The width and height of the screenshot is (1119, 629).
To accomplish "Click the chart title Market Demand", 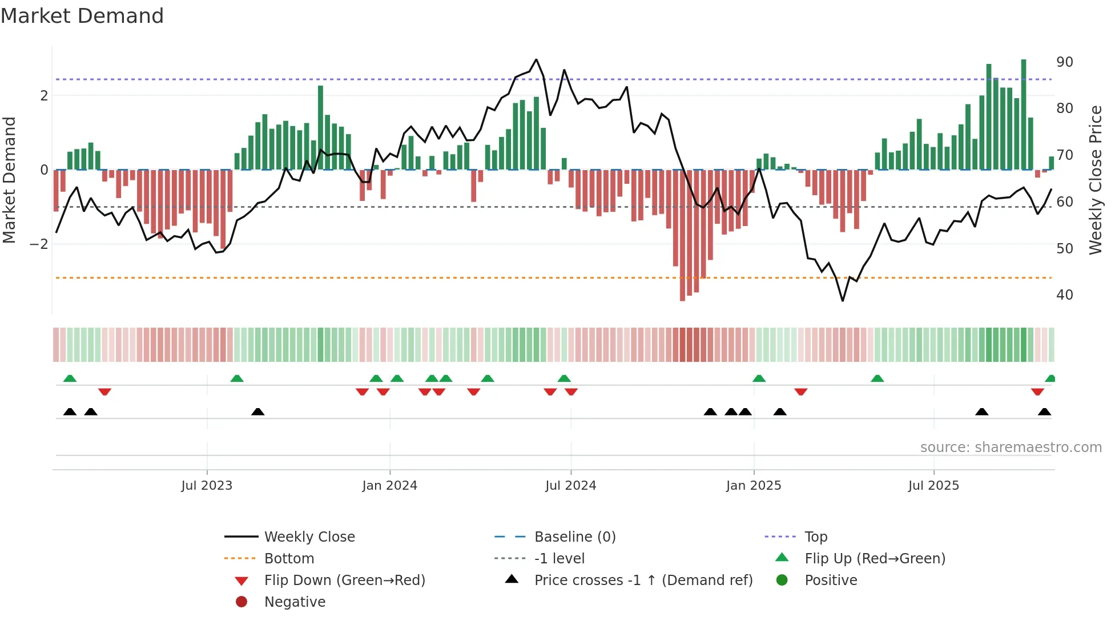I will tap(82, 16).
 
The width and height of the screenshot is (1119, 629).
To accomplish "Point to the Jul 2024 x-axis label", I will tap(570, 486).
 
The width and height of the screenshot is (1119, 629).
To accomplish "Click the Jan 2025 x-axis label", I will tap(753, 486).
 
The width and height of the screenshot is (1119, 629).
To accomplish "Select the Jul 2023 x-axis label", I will tap(207, 486).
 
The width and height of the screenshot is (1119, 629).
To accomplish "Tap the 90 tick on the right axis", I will tap(1064, 62).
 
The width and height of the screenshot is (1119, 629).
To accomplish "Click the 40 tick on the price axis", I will tap(1064, 295).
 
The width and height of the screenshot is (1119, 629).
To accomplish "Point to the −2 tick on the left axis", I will tap(39, 244).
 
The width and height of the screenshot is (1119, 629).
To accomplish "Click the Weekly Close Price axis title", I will tap(1095, 180).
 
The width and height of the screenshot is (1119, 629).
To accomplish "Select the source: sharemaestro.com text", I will tap(1011, 447).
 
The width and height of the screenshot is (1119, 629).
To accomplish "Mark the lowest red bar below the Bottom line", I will tap(682, 285).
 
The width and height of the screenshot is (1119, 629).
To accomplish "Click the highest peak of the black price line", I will tap(536, 59).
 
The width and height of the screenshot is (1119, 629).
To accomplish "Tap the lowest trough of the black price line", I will tap(843, 300).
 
